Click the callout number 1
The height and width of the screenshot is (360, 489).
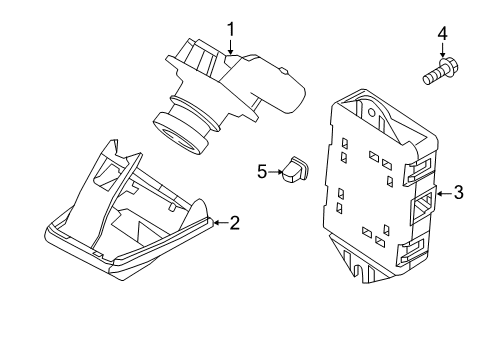230,30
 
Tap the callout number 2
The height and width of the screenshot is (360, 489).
234,223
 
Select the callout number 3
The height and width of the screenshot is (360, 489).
458,193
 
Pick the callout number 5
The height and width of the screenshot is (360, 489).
262,172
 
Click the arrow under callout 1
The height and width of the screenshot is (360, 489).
230,50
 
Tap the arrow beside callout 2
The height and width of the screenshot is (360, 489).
218,223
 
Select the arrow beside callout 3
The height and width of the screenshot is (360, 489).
442,193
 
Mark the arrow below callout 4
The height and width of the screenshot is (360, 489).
441,58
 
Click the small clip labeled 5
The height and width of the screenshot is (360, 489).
294,171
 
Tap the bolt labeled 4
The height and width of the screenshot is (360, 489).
437,73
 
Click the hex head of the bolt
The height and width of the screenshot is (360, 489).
447,70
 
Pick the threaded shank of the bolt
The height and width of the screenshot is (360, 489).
430,75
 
